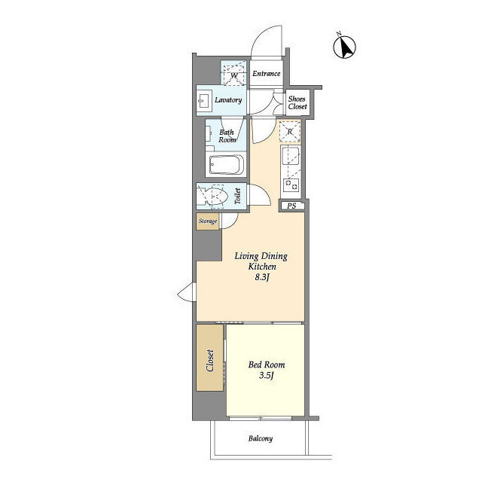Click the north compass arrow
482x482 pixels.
(345, 47)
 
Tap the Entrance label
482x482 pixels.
(266, 74)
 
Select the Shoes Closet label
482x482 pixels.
(297, 102)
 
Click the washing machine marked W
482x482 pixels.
(234, 74)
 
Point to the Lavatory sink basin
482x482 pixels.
(203, 100)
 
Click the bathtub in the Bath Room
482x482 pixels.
(227, 164)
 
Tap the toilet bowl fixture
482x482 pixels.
(215, 196)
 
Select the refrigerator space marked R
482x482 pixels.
(290, 132)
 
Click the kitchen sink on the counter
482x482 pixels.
(291, 157)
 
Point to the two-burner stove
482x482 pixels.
(291, 185)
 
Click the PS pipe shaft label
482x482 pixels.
(291, 206)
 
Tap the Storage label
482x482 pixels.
(208, 221)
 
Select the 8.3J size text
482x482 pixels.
(262, 278)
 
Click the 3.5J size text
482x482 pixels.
(266, 375)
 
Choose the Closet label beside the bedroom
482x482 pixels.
(210, 360)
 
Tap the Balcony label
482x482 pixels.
(261, 438)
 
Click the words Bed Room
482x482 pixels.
(267, 365)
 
